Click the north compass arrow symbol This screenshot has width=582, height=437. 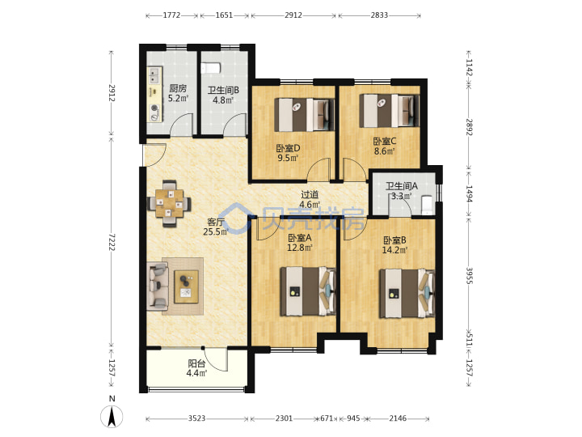pos(112,416)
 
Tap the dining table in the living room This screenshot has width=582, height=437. pos(170,203)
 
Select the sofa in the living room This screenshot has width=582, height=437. pos(158,286)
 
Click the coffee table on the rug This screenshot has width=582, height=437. pos(187,286)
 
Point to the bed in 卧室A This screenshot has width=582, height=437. pos(308,291)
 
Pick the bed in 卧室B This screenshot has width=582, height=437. pos(407,294)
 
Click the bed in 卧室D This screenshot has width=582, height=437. pos(305,114)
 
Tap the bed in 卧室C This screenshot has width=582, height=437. pos(390,111)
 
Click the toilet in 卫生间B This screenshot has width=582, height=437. pos(210,68)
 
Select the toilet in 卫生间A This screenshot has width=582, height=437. pos(428,205)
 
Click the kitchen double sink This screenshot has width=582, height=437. pos(154,75)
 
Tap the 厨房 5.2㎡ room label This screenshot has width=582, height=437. pos(178,93)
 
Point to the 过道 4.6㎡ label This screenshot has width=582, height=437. pos(310,200)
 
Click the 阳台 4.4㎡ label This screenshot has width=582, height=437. pos(196,368)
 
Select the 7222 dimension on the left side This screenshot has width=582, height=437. pos(112,242)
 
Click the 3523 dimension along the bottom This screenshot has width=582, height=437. pos(196,418)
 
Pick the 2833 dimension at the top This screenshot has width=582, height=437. pos(379,15)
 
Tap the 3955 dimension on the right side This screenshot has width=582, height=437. pos(469,275)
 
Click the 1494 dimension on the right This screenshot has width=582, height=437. pos(469,193)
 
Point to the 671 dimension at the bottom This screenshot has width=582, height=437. pos(327,418)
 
